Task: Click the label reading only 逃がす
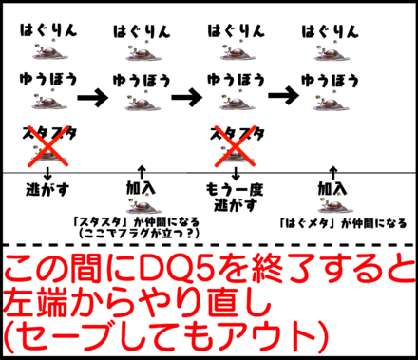[47, 188]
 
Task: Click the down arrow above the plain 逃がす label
[47, 171]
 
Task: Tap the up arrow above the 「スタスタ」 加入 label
[141, 171]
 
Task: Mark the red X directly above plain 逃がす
[47, 142]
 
